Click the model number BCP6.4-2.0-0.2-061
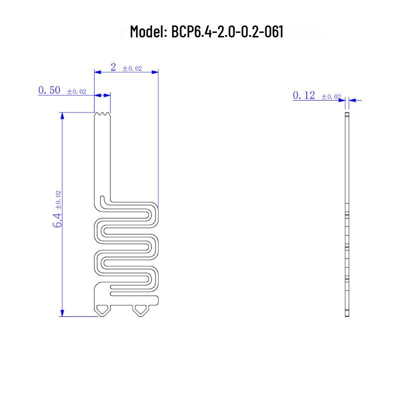(227, 31)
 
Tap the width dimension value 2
(113, 67)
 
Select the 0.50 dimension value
(49, 90)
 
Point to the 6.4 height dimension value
(57, 220)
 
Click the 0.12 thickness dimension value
(304, 95)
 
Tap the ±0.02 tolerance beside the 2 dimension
(132, 68)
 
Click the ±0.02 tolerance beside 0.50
(77, 91)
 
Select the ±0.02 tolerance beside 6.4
(58, 200)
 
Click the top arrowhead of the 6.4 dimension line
(62, 116)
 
